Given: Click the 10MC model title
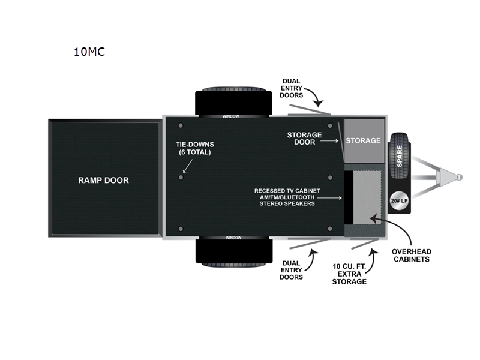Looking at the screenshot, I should pos(89,52).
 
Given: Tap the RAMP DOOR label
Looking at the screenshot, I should pos(103,180).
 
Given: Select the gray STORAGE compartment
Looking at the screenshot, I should pos(364,140).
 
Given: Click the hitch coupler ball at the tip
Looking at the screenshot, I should pos(459,177).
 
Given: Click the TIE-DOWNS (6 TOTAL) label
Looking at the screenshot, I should pos(194,148).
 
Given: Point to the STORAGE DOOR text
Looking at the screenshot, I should pos(304,139).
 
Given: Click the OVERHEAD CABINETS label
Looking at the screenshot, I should pos(411,255).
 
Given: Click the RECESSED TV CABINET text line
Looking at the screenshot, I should pos(287,191).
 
